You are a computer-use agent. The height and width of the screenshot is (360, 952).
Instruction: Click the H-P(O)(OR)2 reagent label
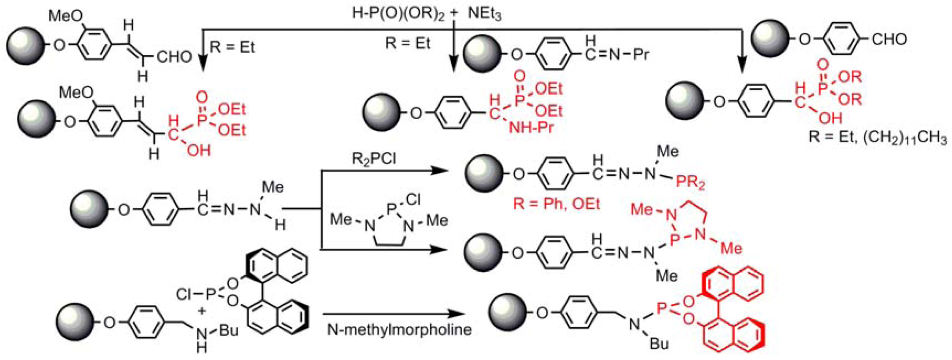coord(398,14)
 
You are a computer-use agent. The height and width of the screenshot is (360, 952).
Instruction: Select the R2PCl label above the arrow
coord(373,159)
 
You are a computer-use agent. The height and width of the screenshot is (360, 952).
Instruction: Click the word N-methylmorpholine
coord(399,329)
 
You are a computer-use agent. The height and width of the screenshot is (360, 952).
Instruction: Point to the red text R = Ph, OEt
coord(556,204)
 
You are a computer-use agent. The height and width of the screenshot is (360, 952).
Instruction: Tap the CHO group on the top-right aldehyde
coord(889,39)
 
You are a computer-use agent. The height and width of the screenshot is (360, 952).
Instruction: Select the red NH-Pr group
coord(531,127)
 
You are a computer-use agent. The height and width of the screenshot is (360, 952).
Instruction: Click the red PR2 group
coord(690,182)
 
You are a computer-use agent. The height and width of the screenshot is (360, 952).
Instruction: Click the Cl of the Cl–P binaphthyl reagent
coord(184,294)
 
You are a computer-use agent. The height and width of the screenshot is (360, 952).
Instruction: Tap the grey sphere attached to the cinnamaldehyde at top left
coord(26,45)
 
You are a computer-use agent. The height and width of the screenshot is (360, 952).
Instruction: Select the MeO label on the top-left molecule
coord(65,16)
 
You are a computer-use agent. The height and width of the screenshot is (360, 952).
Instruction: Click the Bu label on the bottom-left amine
coord(228,330)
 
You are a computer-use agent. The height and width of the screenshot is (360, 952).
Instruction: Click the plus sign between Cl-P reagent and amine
coord(202,311)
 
